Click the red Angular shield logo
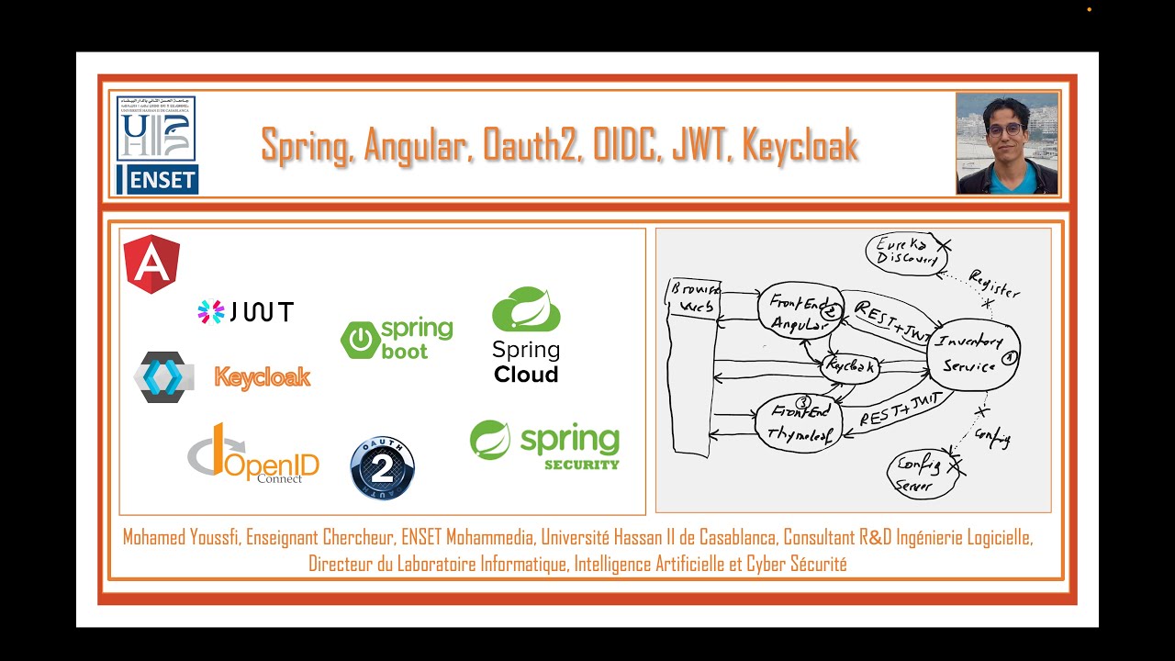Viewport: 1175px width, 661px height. click(x=151, y=263)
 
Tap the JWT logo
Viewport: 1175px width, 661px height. click(x=246, y=312)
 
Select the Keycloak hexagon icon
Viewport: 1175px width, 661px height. click(x=163, y=377)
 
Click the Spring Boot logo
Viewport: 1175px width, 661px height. click(x=397, y=339)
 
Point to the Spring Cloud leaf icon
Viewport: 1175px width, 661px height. click(x=526, y=309)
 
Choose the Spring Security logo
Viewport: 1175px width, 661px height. click(x=544, y=444)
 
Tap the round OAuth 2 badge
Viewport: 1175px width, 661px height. click(x=382, y=468)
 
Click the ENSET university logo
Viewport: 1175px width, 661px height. click(x=157, y=145)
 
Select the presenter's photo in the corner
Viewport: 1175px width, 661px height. click(x=1006, y=143)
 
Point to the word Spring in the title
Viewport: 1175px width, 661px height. click(x=305, y=145)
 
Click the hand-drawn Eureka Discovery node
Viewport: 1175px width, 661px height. click(x=907, y=252)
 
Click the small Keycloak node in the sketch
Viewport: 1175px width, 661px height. click(x=850, y=367)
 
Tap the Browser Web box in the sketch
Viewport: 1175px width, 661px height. click(x=692, y=367)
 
